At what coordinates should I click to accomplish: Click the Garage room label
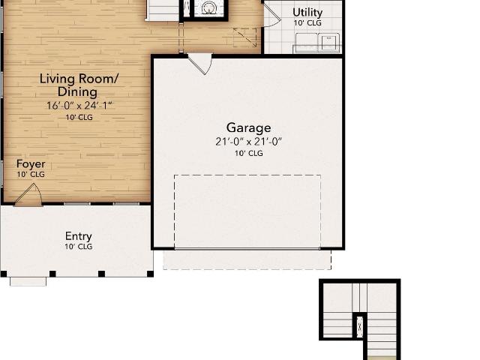click(248, 128)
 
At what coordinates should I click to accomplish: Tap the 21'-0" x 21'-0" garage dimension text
click(248, 142)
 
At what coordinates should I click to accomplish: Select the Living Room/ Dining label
click(78, 85)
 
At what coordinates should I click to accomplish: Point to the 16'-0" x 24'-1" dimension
click(79, 106)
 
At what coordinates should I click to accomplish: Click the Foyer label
click(31, 163)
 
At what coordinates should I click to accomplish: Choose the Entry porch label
click(78, 236)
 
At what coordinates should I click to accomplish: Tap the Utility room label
click(307, 13)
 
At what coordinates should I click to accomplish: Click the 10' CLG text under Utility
click(307, 23)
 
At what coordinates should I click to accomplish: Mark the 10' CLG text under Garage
click(249, 153)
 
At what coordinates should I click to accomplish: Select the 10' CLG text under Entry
click(78, 247)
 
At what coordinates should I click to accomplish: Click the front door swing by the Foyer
click(28, 195)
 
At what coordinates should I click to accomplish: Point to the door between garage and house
click(199, 64)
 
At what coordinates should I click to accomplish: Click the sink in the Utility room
click(328, 42)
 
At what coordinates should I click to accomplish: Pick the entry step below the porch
click(28, 282)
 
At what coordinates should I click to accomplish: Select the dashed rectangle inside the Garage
click(247, 211)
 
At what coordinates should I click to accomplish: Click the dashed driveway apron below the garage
click(247, 260)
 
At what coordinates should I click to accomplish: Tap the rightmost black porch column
click(150, 274)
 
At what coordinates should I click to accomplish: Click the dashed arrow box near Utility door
click(245, 37)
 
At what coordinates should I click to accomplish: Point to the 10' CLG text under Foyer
click(31, 175)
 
